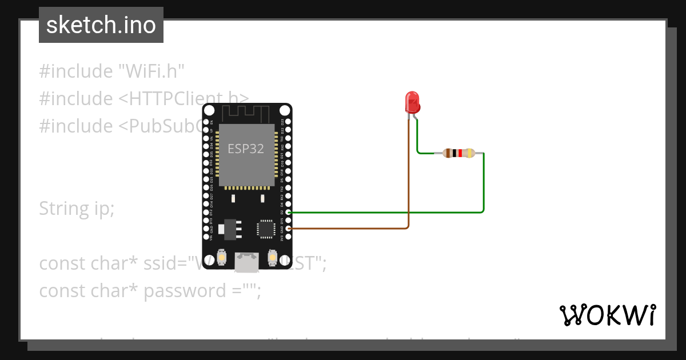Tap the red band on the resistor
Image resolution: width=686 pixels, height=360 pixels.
460,153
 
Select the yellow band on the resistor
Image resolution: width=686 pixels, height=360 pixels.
469,153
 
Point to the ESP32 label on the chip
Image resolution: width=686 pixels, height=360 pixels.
246,149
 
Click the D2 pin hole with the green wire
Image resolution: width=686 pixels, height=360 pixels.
288,212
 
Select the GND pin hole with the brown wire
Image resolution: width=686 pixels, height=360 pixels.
288,229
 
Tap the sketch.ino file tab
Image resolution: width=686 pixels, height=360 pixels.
101,25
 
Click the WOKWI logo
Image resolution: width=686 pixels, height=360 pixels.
607,315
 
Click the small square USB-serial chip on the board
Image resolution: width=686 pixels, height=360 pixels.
266,228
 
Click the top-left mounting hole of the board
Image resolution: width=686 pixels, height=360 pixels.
210,110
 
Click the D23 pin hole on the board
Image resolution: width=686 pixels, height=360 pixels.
288,122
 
